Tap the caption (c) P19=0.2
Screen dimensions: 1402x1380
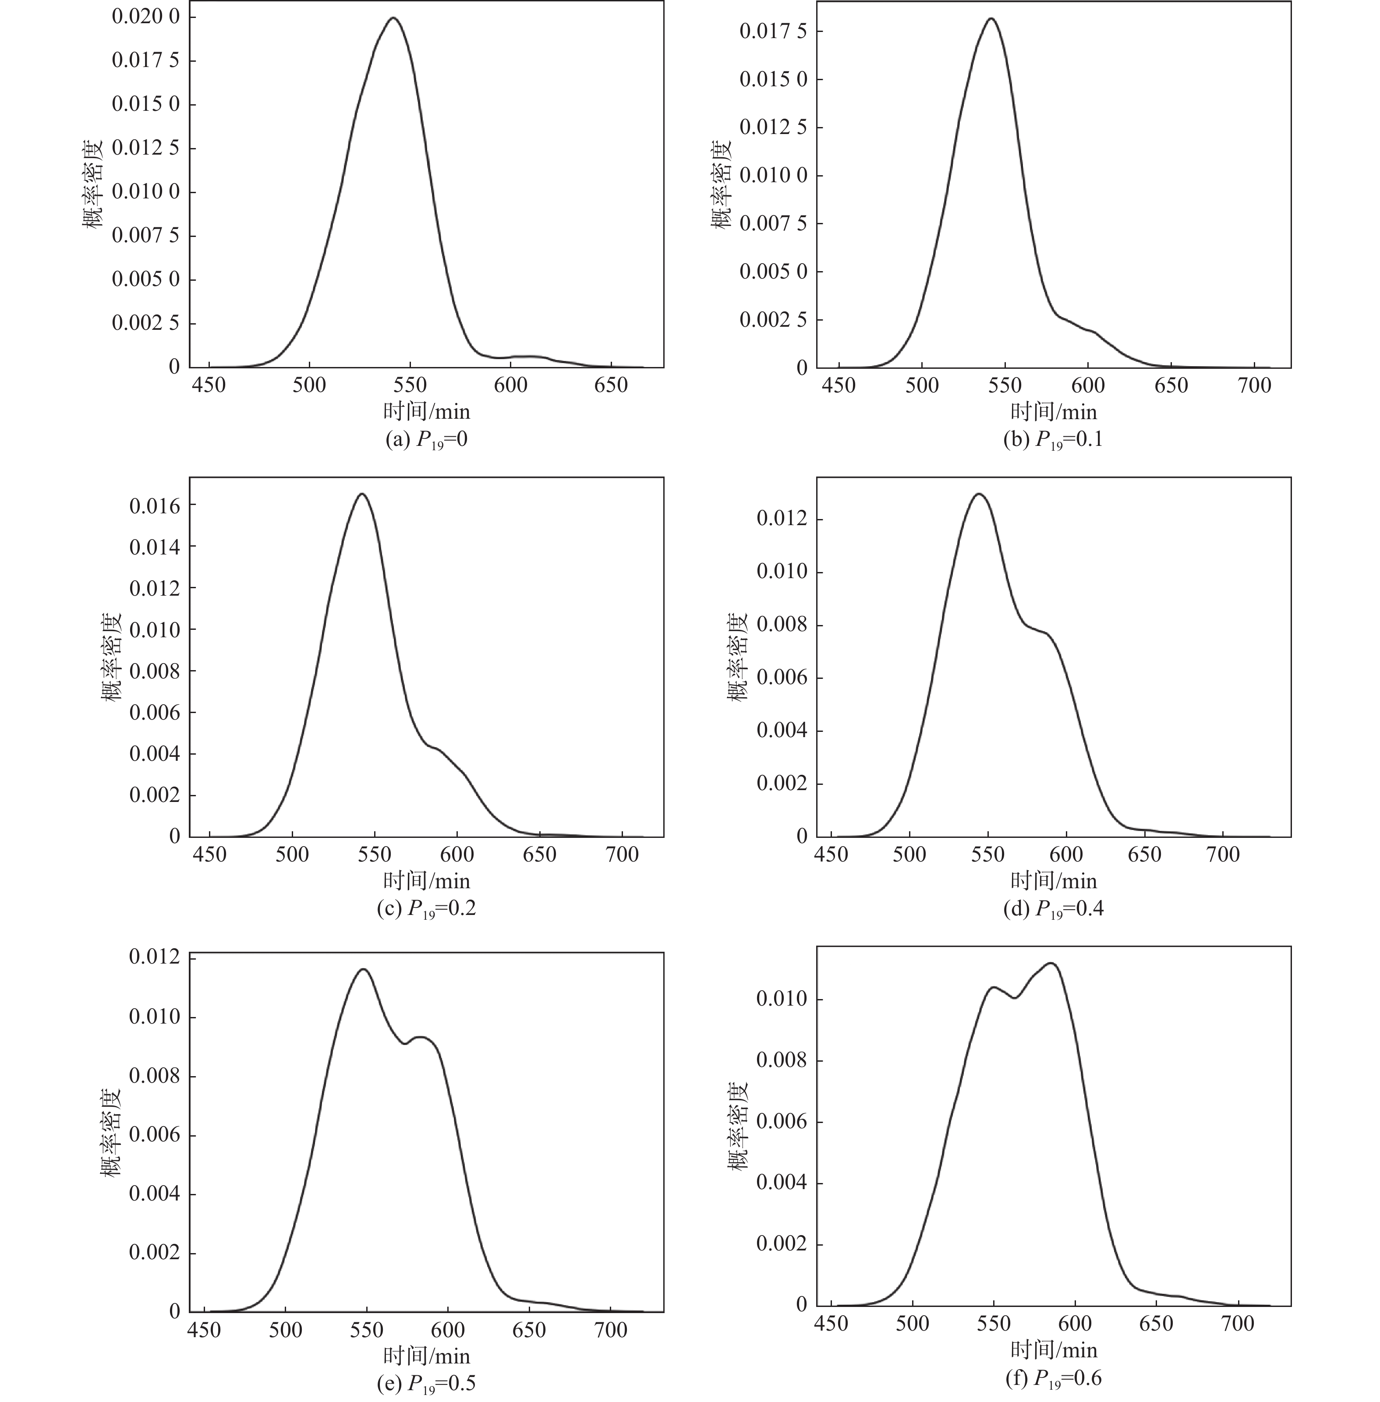426,908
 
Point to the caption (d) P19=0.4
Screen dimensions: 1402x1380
1053,908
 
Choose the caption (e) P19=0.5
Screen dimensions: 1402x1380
426,1383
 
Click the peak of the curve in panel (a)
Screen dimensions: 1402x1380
393,18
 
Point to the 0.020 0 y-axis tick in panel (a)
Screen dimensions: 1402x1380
145,16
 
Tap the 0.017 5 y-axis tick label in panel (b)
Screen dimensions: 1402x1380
773,31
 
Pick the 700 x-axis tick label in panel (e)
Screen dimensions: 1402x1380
610,1330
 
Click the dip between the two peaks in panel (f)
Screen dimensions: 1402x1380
1015,998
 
